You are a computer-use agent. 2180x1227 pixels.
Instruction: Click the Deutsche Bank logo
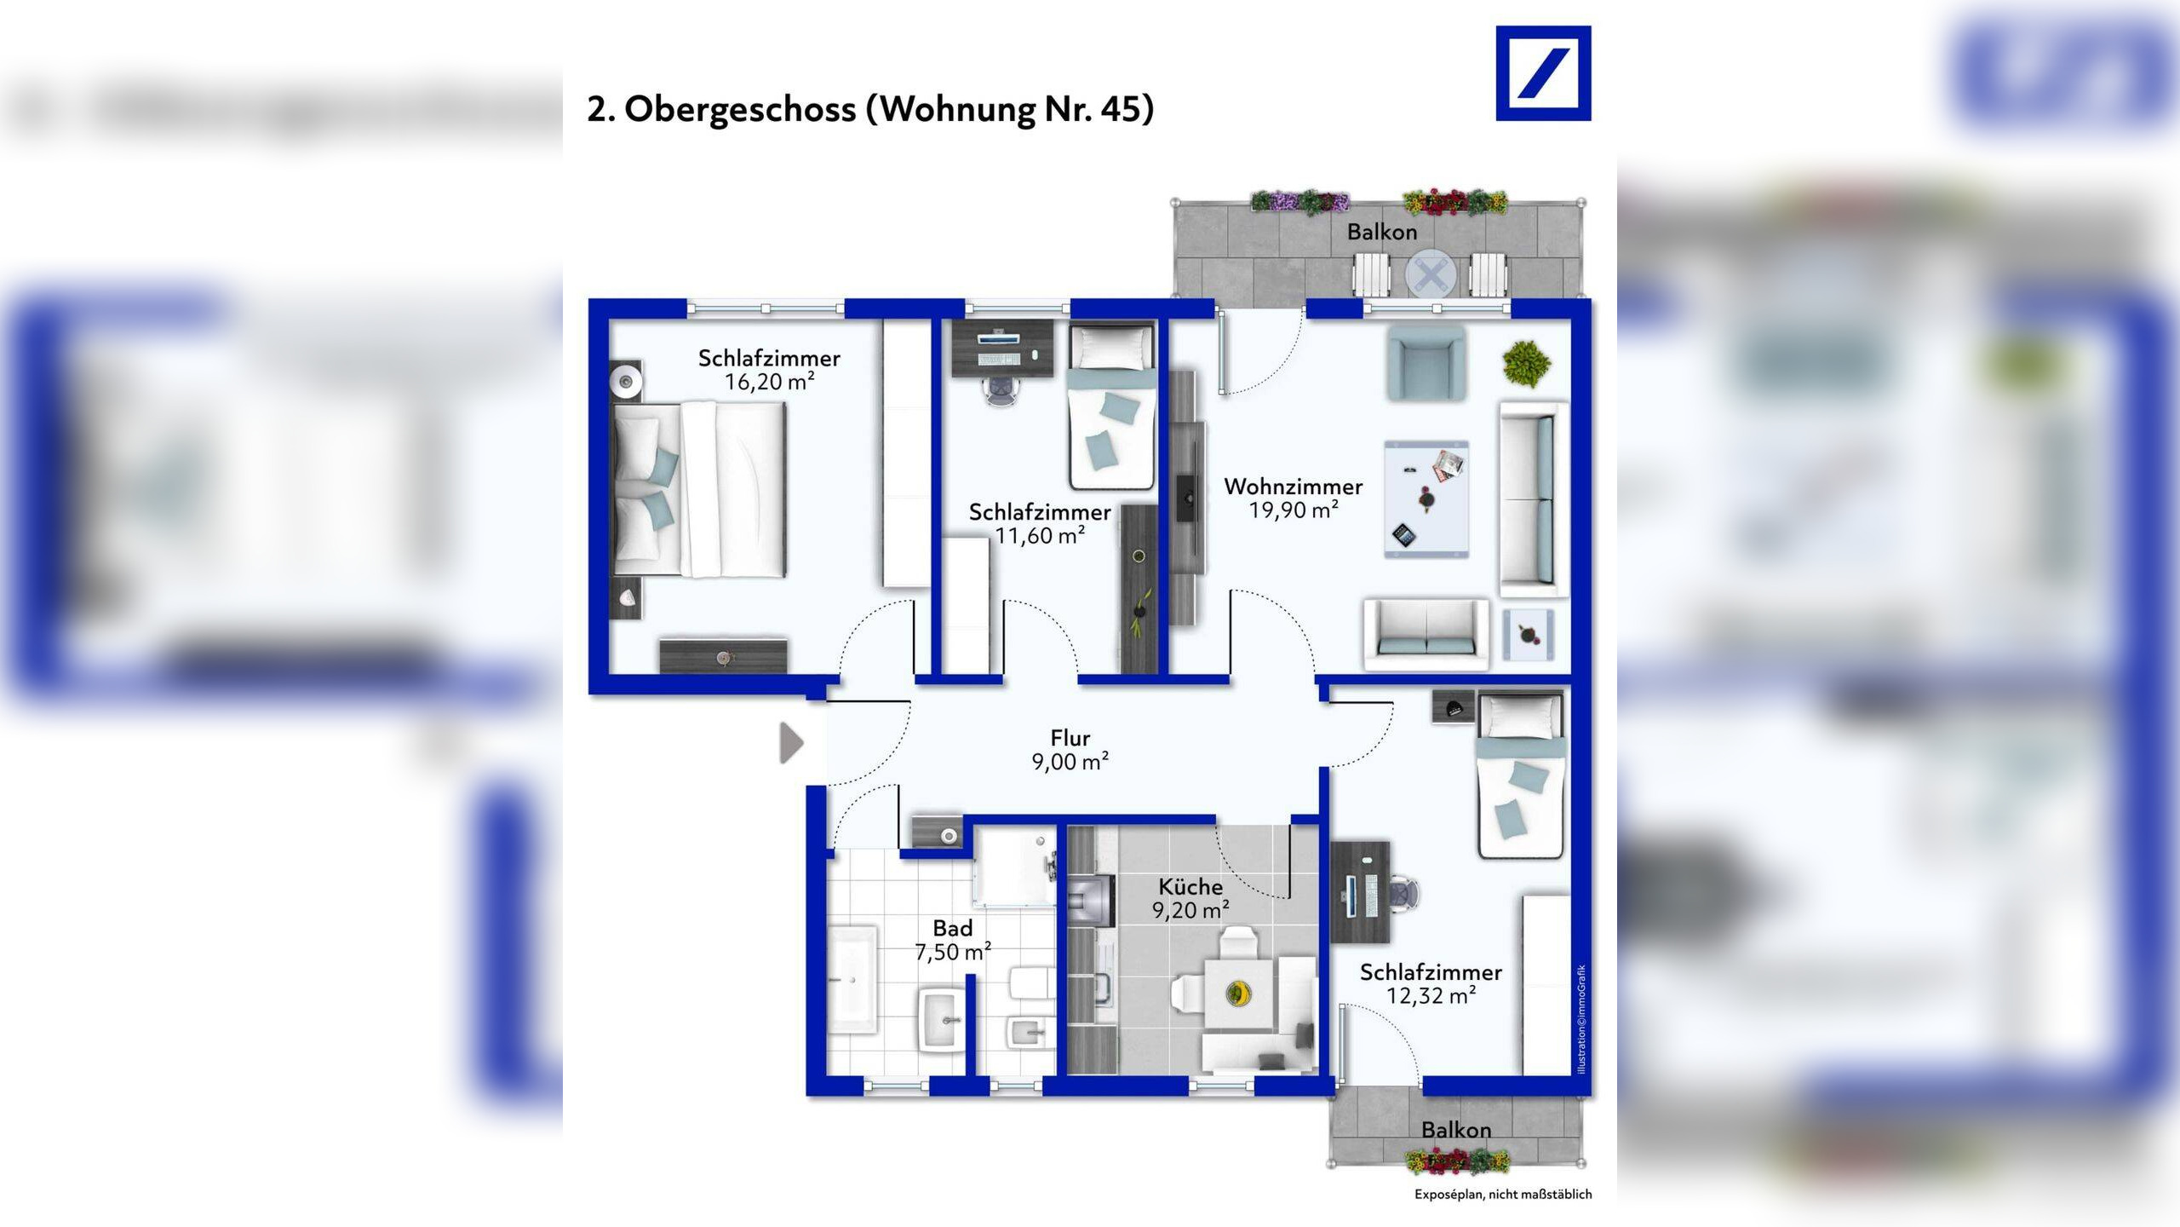point(1543,73)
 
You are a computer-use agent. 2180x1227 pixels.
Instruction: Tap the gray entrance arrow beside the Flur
point(792,743)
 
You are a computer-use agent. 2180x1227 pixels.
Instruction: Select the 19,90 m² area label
point(1294,510)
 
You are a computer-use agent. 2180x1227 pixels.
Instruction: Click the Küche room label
point(1190,886)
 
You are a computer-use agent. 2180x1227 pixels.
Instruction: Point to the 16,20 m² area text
point(770,382)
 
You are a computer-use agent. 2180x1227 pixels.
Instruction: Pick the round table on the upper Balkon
point(1431,275)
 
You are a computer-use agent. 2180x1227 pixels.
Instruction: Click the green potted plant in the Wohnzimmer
point(1526,364)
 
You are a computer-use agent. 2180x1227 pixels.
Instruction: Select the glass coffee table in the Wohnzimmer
point(1426,499)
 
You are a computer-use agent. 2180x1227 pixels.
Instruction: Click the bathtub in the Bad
point(852,980)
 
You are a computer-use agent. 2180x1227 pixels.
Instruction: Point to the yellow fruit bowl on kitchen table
point(1239,993)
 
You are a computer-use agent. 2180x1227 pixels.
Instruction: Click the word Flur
point(1070,738)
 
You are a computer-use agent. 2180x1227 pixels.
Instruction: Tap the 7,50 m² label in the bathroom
point(953,952)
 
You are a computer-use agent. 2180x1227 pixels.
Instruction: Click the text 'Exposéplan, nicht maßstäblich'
point(1503,1195)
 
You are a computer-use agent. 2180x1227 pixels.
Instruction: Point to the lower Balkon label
point(1456,1130)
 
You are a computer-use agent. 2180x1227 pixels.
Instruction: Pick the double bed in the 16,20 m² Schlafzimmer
point(700,489)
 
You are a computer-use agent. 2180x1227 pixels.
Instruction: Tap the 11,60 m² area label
point(1040,536)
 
